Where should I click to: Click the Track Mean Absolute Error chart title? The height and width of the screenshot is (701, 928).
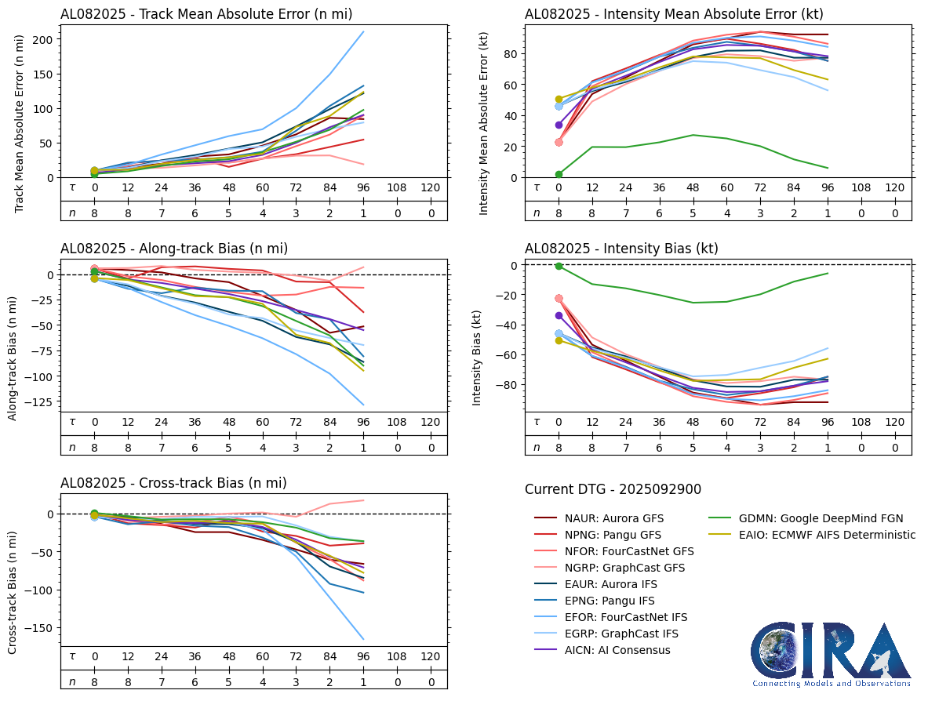pos(206,14)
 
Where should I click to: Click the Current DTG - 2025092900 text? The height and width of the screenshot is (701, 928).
pos(613,489)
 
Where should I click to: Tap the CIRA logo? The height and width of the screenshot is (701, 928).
pos(831,655)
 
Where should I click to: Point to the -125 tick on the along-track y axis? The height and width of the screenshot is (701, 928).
pos(39,401)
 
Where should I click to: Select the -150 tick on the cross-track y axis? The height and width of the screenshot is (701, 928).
pos(39,627)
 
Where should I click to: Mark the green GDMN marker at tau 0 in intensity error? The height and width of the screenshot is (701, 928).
pos(559,174)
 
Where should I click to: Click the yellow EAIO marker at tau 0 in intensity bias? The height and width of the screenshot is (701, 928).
pos(559,340)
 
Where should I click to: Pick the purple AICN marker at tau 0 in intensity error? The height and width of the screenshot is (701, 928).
pos(559,125)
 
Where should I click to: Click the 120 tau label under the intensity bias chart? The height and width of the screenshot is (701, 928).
pos(894,422)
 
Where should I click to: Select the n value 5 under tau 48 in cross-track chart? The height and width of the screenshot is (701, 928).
pos(229,681)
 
